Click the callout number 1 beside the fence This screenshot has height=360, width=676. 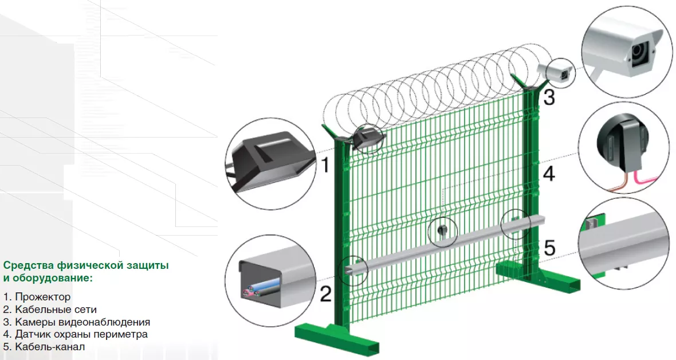click(325, 165)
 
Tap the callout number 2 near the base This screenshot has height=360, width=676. click(326, 294)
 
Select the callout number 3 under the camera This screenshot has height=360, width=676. click(549, 97)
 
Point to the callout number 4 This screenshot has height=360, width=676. click(549, 174)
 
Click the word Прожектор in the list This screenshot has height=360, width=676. click(43, 297)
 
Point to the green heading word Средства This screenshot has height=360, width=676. click(28, 265)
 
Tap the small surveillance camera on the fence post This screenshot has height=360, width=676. click(556, 71)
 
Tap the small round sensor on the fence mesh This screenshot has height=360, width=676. click(442, 230)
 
